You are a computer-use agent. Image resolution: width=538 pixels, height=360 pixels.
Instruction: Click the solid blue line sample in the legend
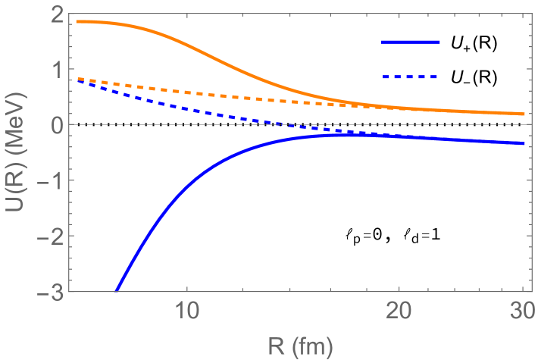(x=411, y=42)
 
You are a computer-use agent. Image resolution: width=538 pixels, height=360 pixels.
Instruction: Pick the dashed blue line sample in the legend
(x=411, y=77)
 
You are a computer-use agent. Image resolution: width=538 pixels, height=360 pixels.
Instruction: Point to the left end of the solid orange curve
(x=77, y=21)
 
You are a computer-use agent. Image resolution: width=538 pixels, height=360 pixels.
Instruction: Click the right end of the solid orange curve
(x=525, y=114)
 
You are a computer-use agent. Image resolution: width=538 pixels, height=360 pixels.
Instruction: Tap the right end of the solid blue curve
(x=525, y=143)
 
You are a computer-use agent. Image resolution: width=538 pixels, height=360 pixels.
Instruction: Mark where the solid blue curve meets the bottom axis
(x=116, y=291)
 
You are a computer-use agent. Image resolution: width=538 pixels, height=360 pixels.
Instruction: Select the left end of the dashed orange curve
(x=77, y=78)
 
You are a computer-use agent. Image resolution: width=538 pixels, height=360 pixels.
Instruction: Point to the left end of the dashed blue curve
(x=77, y=80)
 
